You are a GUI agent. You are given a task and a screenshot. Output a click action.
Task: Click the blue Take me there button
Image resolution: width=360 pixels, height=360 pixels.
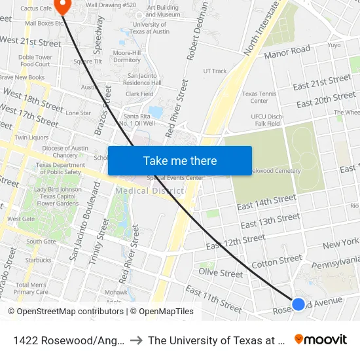pyautogui.click(x=180, y=160)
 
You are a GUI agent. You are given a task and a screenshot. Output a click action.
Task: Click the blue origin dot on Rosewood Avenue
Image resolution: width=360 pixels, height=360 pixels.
pyautogui.click(x=298, y=304)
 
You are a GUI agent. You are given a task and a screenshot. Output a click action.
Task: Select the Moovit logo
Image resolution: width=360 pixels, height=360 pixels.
pyautogui.click(x=321, y=340)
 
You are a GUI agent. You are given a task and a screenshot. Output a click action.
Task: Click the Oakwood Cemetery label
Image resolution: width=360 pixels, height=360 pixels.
pyautogui.click(x=274, y=171)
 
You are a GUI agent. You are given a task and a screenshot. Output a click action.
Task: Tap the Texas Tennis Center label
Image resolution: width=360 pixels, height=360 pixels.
pyautogui.click(x=259, y=98)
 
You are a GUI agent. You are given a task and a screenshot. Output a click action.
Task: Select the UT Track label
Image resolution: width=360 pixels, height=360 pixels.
pyautogui.click(x=215, y=71)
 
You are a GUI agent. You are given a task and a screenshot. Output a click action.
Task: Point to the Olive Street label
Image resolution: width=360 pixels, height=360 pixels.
pyautogui.click(x=221, y=272)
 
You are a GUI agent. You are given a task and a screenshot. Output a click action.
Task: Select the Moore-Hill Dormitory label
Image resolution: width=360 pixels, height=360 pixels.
pyautogui.click(x=127, y=56)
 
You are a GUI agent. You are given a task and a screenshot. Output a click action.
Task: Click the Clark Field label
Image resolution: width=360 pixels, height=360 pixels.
pyautogui.click(x=139, y=94)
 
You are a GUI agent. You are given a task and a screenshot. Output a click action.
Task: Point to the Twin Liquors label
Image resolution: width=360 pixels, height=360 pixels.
pyautogui.click(x=31, y=137)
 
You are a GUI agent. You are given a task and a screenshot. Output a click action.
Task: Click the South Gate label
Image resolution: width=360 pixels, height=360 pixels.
pyautogui.click(x=41, y=242)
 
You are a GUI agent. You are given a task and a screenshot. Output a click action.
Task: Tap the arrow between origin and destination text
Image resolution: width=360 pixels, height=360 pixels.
pyautogui.click(x=133, y=340)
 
